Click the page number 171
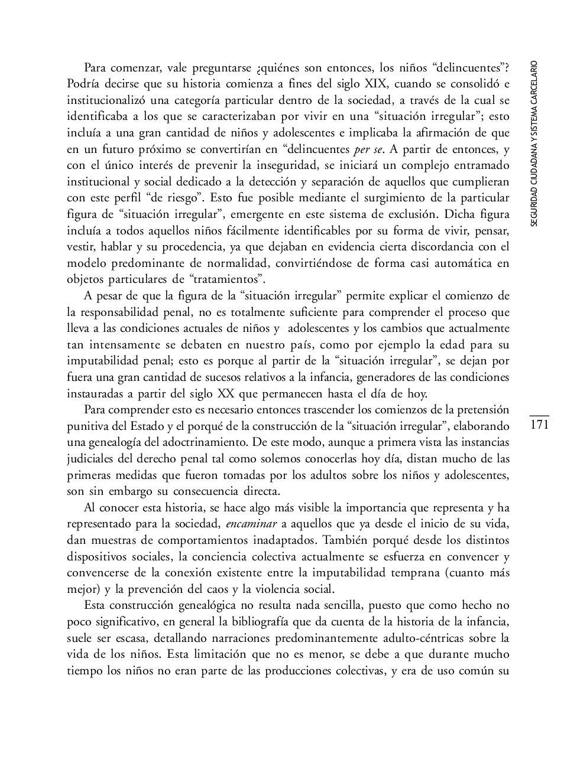click(540, 425)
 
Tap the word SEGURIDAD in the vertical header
click(535, 207)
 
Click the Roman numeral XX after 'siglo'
click(226, 393)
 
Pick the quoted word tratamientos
click(226, 279)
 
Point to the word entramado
click(480, 165)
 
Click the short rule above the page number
click(540, 416)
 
